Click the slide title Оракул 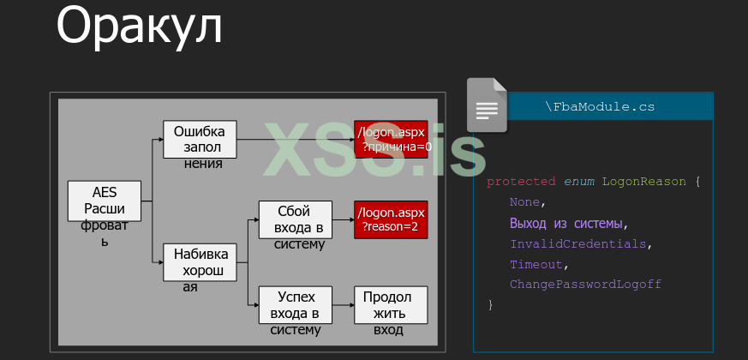click(139, 26)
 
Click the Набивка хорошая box click(200, 262)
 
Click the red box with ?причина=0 click(391, 140)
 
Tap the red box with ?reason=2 click(391, 219)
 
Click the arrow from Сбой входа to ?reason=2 click(343, 219)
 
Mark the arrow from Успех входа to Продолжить click(343, 305)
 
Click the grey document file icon click(486, 105)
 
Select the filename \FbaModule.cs click(600, 107)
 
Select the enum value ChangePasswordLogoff click(585, 285)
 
